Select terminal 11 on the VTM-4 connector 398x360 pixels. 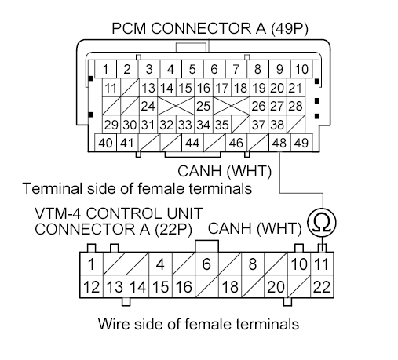pyautogui.click(x=322, y=264)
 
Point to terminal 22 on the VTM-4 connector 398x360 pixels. pyautogui.click(x=322, y=287)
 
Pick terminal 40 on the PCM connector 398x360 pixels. pyautogui.click(x=104, y=143)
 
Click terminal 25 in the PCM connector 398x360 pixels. pyautogui.click(x=202, y=105)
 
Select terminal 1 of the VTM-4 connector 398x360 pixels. pyautogui.click(x=93, y=264)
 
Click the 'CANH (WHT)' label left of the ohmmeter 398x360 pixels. pyautogui.click(x=255, y=228)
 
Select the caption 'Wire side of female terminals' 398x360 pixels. pyautogui.click(x=199, y=323)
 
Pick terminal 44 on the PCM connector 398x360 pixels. pyautogui.click(x=191, y=143)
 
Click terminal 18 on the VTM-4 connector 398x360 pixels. pyautogui.click(x=230, y=287)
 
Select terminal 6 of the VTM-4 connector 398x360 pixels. pyautogui.click(x=206, y=264)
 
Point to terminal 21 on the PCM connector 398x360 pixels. pyautogui.click(x=295, y=86)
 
